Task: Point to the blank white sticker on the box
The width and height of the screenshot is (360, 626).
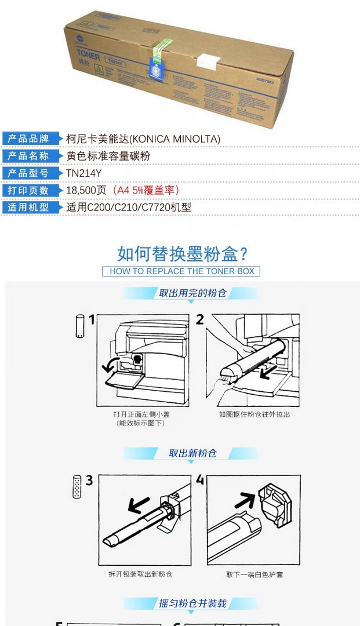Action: click(209, 61)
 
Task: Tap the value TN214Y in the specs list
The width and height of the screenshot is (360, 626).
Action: click(84, 173)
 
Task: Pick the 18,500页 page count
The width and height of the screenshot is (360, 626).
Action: click(86, 190)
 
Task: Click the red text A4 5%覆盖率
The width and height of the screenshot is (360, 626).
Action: click(146, 190)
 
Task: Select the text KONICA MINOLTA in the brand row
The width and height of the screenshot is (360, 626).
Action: click(176, 139)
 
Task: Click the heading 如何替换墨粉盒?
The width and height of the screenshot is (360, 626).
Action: click(183, 254)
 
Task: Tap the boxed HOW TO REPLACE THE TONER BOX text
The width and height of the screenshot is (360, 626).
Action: click(181, 271)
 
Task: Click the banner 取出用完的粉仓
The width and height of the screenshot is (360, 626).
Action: click(192, 293)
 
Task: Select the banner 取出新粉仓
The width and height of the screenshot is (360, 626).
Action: click(192, 453)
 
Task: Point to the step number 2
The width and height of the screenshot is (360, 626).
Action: click(200, 319)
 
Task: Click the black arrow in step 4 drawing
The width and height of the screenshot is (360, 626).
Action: click(245, 500)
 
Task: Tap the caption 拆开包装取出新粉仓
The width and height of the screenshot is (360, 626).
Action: click(140, 574)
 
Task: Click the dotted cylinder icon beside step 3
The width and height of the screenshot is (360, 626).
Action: click(77, 487)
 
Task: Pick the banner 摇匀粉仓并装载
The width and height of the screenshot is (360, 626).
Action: click(192, 603)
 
